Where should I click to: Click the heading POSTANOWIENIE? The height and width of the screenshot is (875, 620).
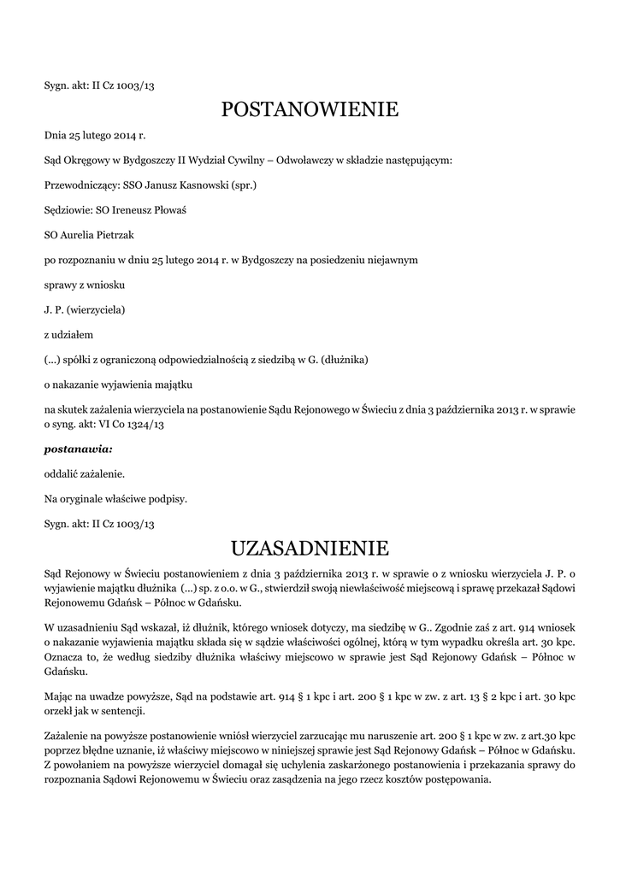click(310, 109)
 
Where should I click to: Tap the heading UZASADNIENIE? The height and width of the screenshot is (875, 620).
click(310, 546)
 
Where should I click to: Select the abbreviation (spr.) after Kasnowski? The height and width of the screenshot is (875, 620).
click(244, 184)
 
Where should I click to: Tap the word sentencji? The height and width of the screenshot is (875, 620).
click(124, 711)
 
